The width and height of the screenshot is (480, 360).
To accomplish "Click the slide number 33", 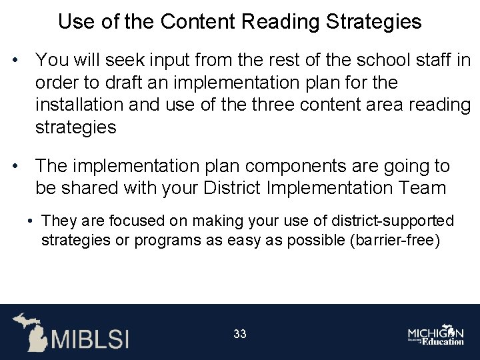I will pyautogui.click(x=240, y=333).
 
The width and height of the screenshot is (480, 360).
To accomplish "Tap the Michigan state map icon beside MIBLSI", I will pyautogui.click(x=29, y=331).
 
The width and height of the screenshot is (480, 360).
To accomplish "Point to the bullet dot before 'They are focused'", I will pyautogui.click(x=31, y=220).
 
